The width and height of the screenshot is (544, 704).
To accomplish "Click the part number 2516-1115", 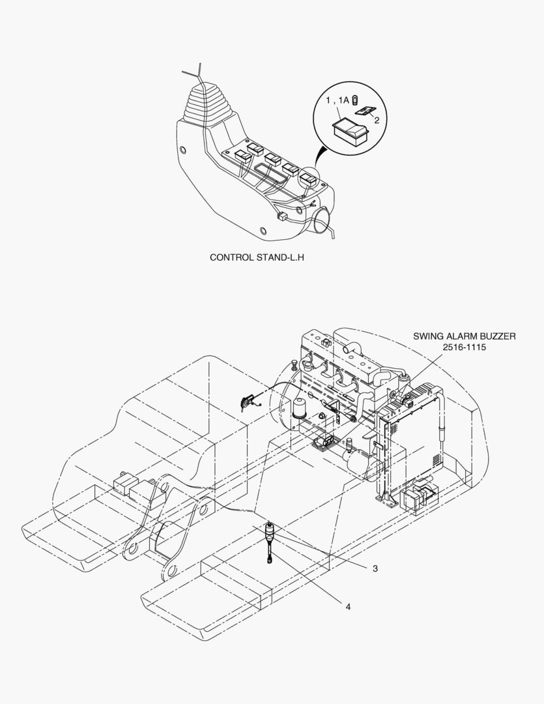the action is click(x=464, y=347).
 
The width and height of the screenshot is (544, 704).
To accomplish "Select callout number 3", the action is click(x=375, y=568).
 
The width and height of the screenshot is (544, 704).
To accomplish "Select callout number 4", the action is click(x=348, y=607).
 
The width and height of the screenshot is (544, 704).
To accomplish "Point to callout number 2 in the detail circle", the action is click(x=377, y=120).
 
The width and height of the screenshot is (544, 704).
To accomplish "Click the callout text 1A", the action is click(x=344, y=100).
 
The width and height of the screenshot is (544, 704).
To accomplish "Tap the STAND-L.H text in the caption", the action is click(x=280, y=257).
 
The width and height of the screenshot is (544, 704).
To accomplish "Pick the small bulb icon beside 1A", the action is click(x=354, y=99).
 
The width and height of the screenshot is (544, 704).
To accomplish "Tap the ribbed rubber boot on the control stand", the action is click(x=202, y=101).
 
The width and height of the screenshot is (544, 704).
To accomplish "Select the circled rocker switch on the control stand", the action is click(x=308, y=178).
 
